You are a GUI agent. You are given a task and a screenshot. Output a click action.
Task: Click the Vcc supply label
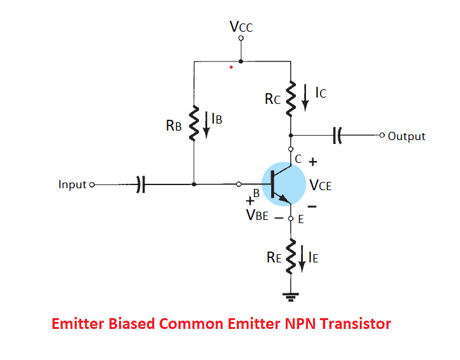pyautogui.click(x=241, y=27)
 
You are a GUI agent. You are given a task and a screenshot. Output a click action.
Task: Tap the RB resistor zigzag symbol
pyautogui.click(x=195, y=122)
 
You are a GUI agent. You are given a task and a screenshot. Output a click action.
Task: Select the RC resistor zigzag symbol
pyautogui.click(x=291, y=98)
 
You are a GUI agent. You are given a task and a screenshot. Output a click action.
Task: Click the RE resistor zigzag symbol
pyautogui.click(x=291, y=255)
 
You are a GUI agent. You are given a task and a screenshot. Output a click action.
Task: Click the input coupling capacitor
pyautogui.click(x=141, y=184)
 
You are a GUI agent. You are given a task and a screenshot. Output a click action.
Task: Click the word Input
pyautogui.click(x=72, y=184)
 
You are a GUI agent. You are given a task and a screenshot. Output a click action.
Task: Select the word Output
pyautogui.click(x=406, y=136)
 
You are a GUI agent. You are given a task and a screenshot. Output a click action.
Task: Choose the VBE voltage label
pyautogui.click(x=257, y=215)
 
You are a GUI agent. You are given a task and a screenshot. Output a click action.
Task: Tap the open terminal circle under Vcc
pyautogui.click(x=241, y=37)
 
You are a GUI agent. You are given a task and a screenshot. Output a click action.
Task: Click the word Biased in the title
pyautogui.click(x=125, y=324)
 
